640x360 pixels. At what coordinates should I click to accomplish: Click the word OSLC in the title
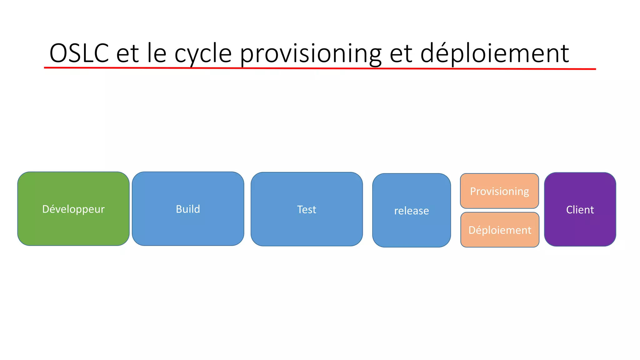click(79, 53)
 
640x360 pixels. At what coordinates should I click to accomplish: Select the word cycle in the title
click(203, 54)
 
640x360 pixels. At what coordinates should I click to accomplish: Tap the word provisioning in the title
click(311, 54)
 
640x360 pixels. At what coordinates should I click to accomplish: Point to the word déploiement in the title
click(494, 53)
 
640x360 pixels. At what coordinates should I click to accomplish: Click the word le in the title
click(157, 53)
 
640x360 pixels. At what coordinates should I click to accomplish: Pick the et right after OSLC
click(127, 54)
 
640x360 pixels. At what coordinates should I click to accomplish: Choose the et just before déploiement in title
click(401, 54)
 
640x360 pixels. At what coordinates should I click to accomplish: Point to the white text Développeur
click(73, 209)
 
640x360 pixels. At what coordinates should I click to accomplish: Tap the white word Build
click(188, 209)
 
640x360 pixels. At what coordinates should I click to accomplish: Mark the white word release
click(411, 211)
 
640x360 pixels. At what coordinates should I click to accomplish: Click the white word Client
click(580, 210)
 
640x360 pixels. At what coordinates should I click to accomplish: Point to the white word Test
click(307, 209)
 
